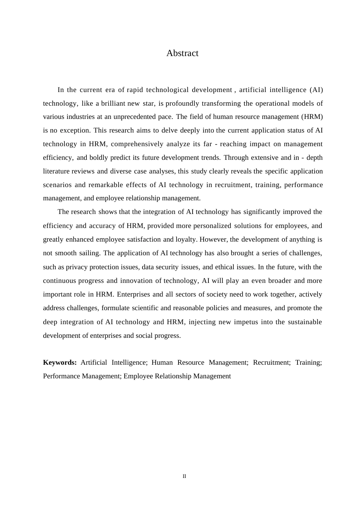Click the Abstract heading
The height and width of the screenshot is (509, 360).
pyautogui.click(x=182, y=53)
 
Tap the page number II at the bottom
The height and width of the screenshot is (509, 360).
pyautogui.click(x=185, y=476)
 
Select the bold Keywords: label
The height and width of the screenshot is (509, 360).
pyautogui.click(x=60, y=362)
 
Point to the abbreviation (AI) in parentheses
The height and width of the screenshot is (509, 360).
pyautogui.click(x=316, y=90)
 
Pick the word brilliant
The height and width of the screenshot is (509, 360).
pyautogui.click(x=115, y=103)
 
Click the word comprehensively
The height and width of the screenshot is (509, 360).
pyautogui.click(x=137, y=144)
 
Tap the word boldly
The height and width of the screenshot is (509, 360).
pyautogui.click(x=99, y=158)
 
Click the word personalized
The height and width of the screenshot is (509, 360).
pyautogui.click(x=212, y=226)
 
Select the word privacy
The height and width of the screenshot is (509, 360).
pyautogui.click(x=77, y=267)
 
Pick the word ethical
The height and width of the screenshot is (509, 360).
pyautogui.click(x=225, y=267)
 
